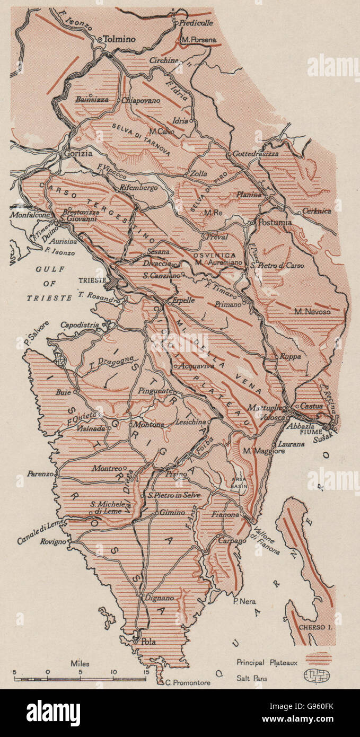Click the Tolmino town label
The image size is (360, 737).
click(119, 39)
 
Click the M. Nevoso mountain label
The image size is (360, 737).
click(313, 312)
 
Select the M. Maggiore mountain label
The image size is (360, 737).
click(264, 451)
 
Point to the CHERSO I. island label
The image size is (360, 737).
click(315, 627)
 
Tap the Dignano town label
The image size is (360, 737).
click(161, 598)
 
